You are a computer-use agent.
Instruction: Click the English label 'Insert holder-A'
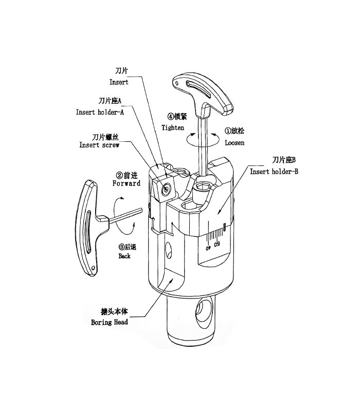(x=100, y=112)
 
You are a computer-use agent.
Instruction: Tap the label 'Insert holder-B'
(x=274, y=172)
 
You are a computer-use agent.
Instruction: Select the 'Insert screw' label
(x=99, y=145)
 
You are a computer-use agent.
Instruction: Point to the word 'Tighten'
(x=173, y=127)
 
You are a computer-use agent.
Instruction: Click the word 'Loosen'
(x=235, y=143)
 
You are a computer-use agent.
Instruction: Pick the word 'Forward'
(x=127, y=183)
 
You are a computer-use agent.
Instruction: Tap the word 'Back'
(x=124, y=256)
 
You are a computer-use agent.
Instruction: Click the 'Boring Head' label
(x=110, y=322)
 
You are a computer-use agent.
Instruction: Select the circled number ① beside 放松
(x=227, y=130)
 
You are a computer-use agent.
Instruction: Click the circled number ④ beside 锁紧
(x=170, y=116)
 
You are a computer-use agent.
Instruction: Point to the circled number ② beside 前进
(x=119, y=175)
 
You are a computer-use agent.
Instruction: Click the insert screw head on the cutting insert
(x=166, y=189)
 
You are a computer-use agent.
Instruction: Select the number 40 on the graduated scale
(x=208, y=248)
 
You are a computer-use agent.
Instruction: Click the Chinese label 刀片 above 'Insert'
(x=121, y=70)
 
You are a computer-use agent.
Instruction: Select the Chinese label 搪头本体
(x=114, y=311)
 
